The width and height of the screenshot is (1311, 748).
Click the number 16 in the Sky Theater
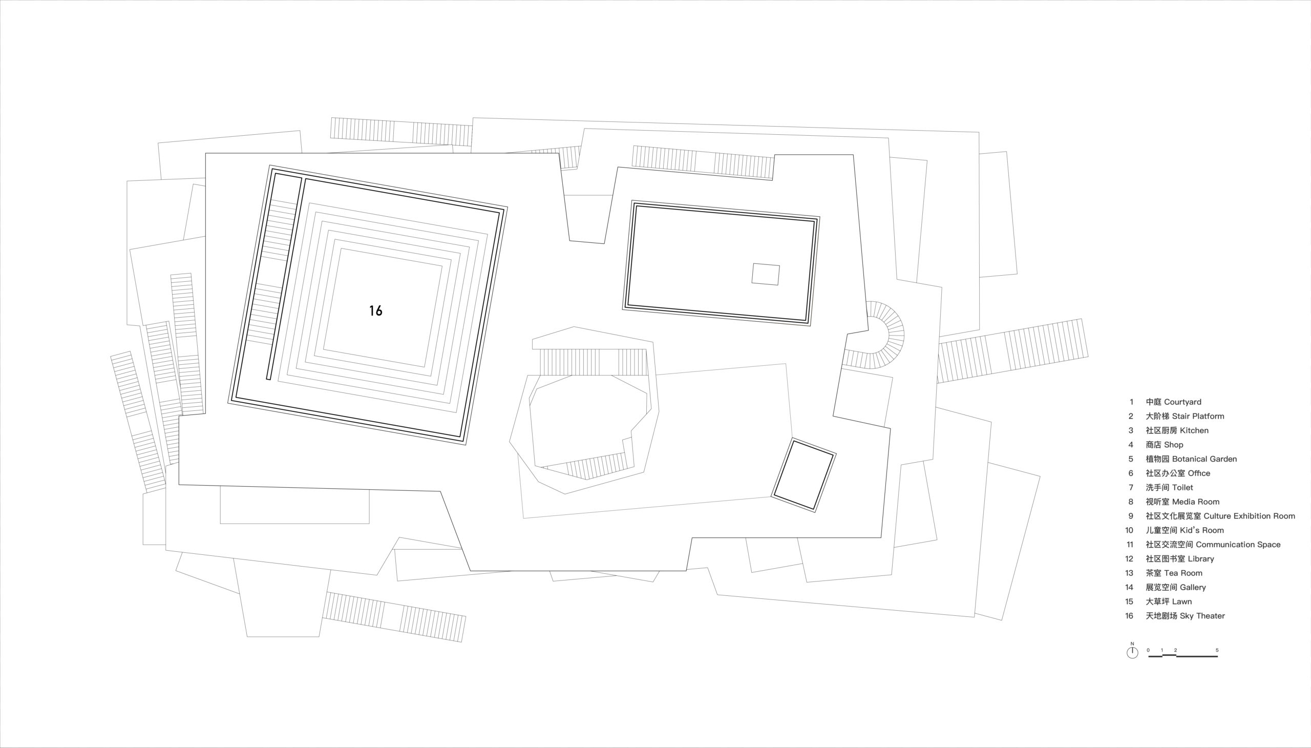(x=375, y=310)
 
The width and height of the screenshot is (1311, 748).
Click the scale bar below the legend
(x=1182, y=656)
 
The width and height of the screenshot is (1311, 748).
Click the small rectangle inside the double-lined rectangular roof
(x=766, y=274)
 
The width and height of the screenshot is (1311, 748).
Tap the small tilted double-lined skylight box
(x=803, y=475)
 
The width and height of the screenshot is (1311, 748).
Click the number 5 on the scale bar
(x=1216, y=650)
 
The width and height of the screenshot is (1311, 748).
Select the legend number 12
(x=1129, y=559)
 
